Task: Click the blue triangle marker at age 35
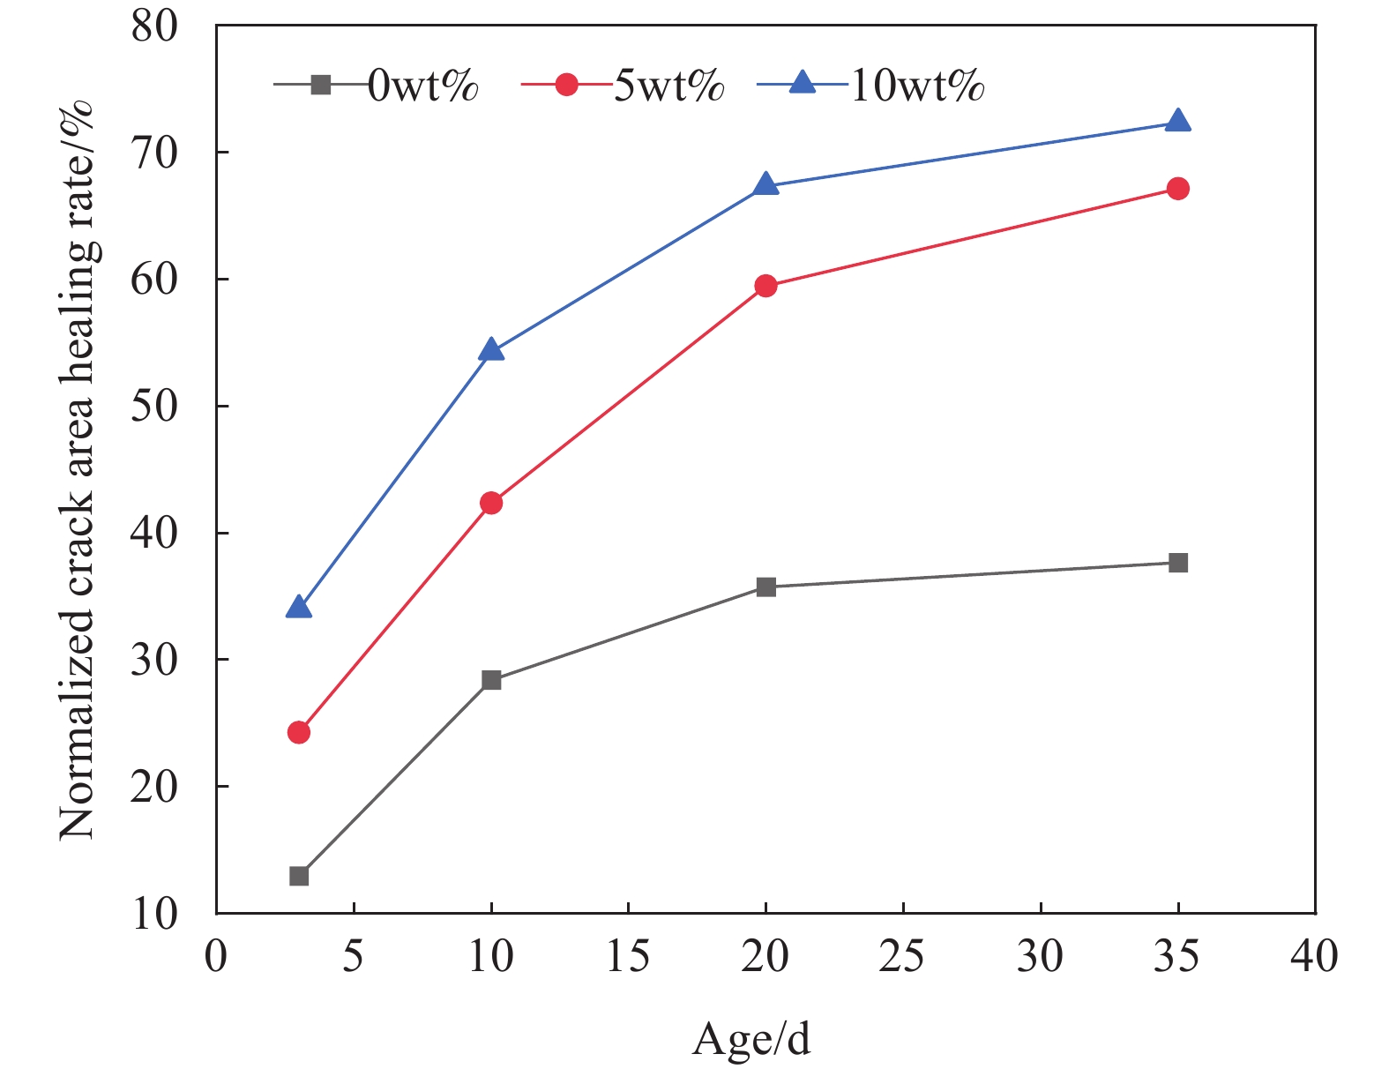click(x=1177, y=122)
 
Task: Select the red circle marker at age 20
click(x=765, y=286)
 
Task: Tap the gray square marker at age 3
click(x=299, y=876)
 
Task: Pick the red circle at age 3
click(x=299, y=732)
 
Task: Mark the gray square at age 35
click(x=1177, y=563)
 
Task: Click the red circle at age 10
click(x=491, y=503)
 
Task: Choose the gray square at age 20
click(x=765, y=587)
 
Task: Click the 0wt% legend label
click(x=422, y=86)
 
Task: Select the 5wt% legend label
click(x=668, y=86)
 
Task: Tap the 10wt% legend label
click(x=917, y=86)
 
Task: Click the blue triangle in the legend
click(x=802, y=84)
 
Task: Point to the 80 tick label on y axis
click(x=154, y=26)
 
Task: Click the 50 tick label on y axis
click(x=154, y=407)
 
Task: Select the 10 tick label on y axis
click(x=154, y=914)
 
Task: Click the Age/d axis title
click(x=751, y=1039)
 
